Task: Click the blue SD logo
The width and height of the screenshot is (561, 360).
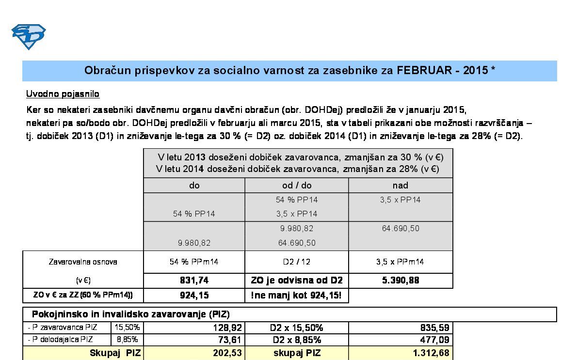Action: click(28, 37)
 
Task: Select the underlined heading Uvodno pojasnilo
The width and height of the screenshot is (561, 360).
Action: click(63, 94)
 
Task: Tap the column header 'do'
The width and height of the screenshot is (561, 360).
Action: click(194, 185)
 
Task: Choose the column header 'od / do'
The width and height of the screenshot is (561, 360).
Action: click(297, 185)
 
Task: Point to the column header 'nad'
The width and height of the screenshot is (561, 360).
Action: click(400, 185)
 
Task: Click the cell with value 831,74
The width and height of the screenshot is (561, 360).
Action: click(194, 280)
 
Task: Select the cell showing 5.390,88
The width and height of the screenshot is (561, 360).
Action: click(400, 280)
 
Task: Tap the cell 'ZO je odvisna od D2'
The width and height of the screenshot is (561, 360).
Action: click(297, 280)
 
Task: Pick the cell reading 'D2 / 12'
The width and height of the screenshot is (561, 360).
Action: click(297, 262)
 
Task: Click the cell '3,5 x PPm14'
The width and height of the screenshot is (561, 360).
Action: click(400, 262)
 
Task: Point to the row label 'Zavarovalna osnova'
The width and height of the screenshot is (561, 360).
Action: click(83, 262)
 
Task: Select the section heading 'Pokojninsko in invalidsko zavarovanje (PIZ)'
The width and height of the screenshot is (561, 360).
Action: click(131, 314)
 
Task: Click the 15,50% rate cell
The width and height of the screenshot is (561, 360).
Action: click(127, 328)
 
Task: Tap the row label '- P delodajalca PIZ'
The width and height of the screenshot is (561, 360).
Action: click(61, 340)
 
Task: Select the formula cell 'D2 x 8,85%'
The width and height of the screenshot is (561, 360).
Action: click(297, 340)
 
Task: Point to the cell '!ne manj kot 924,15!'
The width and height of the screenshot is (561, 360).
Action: click(297, 295)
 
